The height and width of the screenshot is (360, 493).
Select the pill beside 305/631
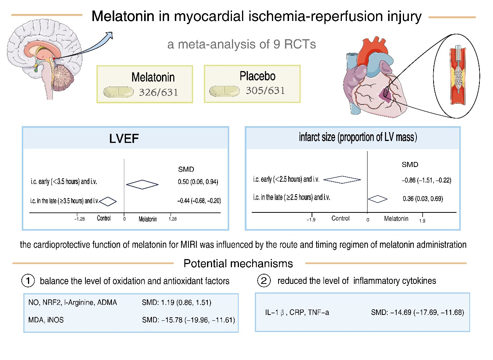[x=224, y=91]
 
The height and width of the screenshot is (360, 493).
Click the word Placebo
[x=257, y=76]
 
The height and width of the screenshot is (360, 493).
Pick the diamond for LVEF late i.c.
[x=108, y=201]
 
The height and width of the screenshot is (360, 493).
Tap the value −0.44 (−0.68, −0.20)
[x=199, y=201]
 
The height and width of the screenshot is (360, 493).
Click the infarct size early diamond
[x=342, y=179]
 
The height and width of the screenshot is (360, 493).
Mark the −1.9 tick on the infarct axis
[x=311, y=220]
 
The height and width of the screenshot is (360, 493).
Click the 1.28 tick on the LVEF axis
[x=172, y=219]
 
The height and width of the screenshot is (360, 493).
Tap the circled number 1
[x=28, y=281]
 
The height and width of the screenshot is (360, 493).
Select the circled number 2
[x=264, y=281]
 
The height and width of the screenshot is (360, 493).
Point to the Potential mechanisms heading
[x=238, y=264]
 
